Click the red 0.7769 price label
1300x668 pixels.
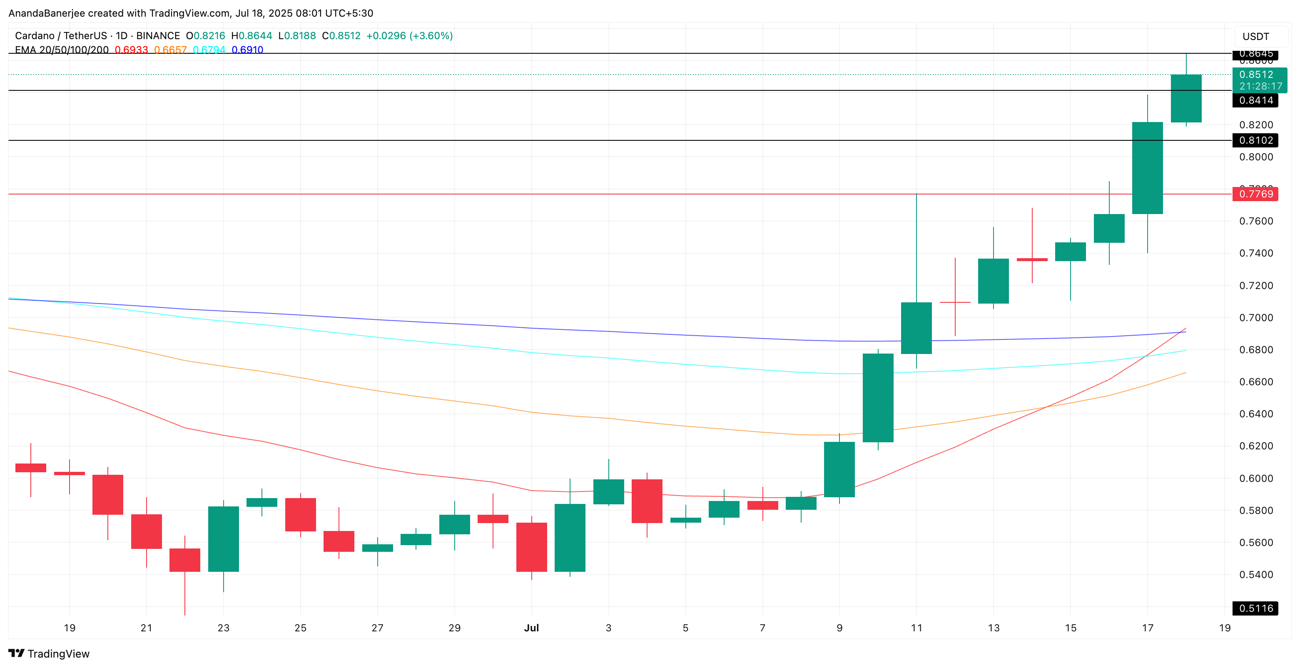pyautogui.click(x=1255, y=194)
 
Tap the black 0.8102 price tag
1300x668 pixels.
pyautogui.click(x=1255, y=140)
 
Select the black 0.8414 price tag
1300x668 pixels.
pyautogui.click(x=1255, y=100)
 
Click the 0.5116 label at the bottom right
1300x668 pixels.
pyautogui.click(x=1255, y=608)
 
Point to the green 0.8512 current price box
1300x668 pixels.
pyautogui.click(x=1259, y=80)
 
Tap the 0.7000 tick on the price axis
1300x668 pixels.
pyautogui.click(x=1255, y=318)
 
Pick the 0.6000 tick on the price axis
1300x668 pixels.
pyautogui.click(x=1255, y=478)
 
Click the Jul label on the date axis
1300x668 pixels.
pyautogui.click(x=531, y=628)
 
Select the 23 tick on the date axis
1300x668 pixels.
pyautogui.click(x=223, y=628)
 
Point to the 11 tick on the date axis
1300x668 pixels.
pyautogui.click(x=916, y=628)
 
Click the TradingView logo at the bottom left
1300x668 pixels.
pyautogui.click(x=49, y=653)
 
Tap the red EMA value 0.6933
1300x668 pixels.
pyautogui.click(x=131, y=50)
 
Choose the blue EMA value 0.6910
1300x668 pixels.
pyautogui.click(x=247, y=50)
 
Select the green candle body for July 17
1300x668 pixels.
pyautogui.click(x=1147, y=168)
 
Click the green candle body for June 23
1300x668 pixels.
pyautogui.click(x=223, y=539)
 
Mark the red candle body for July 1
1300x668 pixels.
pyautogui.click(x=531, y=547)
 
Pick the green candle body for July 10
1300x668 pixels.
pyautogui.click(x=878, y=397)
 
